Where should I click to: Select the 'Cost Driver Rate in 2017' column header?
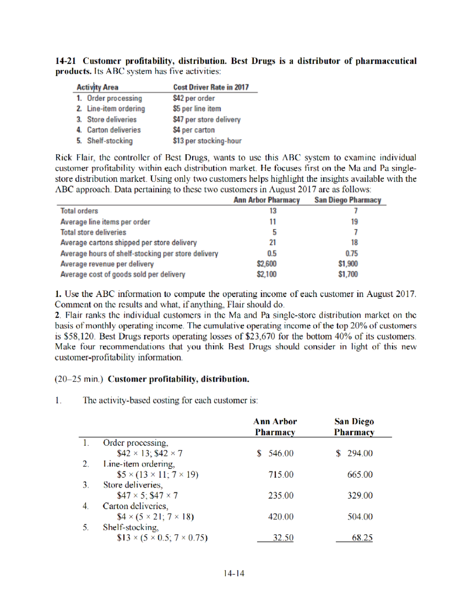[x=211, y=87]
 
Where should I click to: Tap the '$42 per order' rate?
[x=194, y=98]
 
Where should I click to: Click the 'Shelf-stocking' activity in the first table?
[x=110, y=141]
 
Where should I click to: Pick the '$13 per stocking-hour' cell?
[x=207, y=141]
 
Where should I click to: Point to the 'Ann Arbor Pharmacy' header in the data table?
[x=266, y=200]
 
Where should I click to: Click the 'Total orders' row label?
[x=79, y=211]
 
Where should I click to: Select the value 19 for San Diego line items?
[x=354, y=222]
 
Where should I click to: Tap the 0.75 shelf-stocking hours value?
[x=351, y=253]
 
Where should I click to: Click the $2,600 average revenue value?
[x=267, y=264]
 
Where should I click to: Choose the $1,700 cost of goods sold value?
[x=348, y=274]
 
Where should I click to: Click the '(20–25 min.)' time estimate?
[x=79, y=379]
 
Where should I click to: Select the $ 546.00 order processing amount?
[x=275, y=453]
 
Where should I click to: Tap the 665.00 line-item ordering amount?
[x=360, y=474]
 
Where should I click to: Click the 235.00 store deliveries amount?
[x=281, y=496]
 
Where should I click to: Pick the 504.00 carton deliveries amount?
[x=360, y=517]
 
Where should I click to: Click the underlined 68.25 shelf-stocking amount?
[x=362, y=538]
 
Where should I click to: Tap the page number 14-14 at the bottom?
[x=234, y=573]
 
